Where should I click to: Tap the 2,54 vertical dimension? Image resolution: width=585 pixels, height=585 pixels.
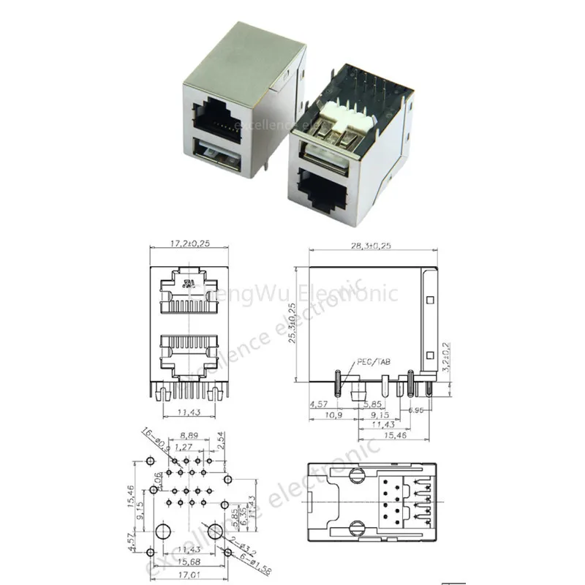(222, 441)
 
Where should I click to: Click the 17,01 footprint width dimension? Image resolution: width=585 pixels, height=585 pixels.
(187, 576)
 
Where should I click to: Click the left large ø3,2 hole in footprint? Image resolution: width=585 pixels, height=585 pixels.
(165, 528)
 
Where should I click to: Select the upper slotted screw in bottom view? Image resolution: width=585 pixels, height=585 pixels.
(358, 475)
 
